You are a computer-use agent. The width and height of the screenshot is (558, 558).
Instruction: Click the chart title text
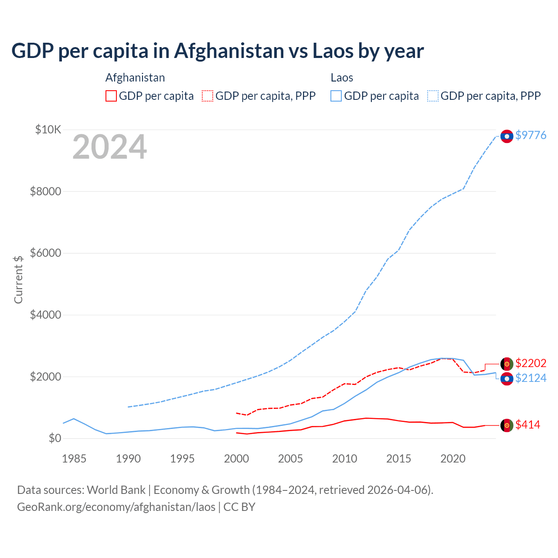[218, 51]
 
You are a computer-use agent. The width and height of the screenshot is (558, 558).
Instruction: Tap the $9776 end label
[531, 135]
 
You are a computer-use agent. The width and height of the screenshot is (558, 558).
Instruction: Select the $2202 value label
[531, 363]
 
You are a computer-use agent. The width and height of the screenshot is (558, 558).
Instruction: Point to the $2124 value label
[531, 378]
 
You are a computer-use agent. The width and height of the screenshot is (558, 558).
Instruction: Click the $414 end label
[527, 425]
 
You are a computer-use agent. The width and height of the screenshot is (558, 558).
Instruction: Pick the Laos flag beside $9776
[507, 136]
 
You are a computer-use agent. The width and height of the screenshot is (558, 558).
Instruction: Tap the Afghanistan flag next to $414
[507, 425]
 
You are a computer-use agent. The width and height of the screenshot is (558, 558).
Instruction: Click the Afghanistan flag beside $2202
[507, 364]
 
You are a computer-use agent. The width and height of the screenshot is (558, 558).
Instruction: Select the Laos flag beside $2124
[507, 379]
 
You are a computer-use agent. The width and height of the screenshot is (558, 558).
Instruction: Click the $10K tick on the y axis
[48, 129]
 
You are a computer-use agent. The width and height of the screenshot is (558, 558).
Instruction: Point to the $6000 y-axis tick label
[45, 253]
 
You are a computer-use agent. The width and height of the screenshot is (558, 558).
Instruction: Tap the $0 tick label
[54, 438]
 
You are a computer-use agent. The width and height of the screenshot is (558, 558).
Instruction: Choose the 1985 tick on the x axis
[74, 459]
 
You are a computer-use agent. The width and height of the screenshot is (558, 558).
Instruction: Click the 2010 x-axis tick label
[344, 459]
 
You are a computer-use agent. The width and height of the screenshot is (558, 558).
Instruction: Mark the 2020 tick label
[453, 459]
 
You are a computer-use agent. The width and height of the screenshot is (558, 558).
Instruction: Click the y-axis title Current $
[18, 279]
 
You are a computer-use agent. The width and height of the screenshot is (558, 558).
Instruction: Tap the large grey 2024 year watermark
[109, 147]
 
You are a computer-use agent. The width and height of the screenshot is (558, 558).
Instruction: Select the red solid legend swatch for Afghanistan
[111, 96]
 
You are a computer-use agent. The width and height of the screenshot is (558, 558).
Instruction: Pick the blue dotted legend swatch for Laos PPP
[433, 96]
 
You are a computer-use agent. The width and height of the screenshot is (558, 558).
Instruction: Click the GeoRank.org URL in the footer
[116, 507]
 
